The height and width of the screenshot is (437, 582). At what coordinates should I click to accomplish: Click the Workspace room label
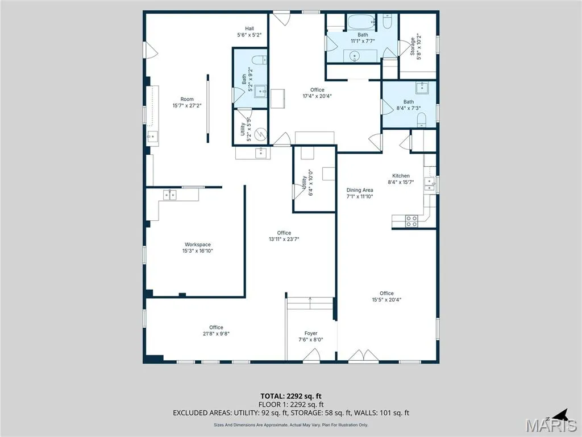click(197, 245)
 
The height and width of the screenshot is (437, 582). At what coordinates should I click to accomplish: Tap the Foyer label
click(311, 333)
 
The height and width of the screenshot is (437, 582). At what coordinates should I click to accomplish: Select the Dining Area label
click(360, 190)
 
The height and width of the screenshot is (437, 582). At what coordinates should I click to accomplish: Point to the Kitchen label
click(401, 176)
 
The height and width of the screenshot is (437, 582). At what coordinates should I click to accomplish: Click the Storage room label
click(413, 47)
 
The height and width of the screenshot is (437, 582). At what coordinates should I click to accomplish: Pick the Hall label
click(250, 28)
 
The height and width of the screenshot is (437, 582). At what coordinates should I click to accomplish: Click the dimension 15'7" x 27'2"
click(186, 105)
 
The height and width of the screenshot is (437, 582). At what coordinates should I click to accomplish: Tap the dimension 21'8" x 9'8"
click(216, 333)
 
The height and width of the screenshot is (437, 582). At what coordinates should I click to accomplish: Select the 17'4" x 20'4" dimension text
click(317, 96)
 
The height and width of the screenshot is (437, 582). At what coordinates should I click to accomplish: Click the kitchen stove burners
click(411, 221)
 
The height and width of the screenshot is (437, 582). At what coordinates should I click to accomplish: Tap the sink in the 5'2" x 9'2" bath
click(260, 90)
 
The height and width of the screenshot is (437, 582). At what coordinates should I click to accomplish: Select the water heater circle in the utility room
click(261, 133)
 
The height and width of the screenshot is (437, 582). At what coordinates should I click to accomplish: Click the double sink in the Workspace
click(169, 195)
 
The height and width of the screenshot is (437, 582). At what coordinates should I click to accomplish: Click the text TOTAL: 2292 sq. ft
click(291, 396)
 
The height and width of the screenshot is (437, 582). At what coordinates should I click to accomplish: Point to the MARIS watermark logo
click(551, 424)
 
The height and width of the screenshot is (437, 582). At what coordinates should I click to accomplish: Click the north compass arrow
click(561, 414)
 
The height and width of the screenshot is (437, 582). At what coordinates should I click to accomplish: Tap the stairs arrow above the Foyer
click(310, 303)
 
